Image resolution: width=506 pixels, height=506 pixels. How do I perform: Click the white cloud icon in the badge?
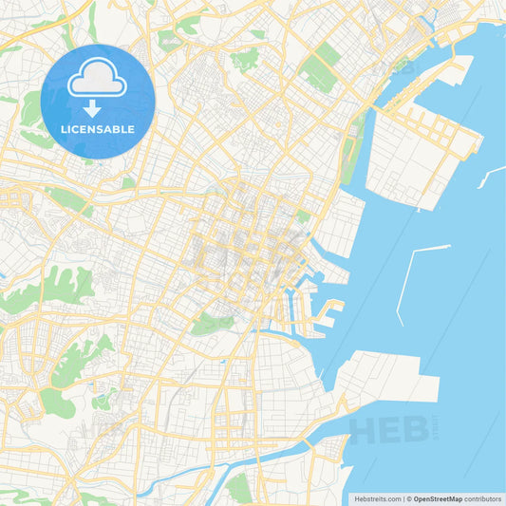pos(97,78)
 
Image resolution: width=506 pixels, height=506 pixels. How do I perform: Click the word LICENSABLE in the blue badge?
pos(97,128)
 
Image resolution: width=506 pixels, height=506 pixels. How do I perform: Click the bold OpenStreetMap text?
pos(438,497)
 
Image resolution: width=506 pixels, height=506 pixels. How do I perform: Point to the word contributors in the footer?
pos(483,497)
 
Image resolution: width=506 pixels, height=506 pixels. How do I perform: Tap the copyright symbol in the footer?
pos(407,497)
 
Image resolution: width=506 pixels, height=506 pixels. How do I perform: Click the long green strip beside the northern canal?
pos(353,152)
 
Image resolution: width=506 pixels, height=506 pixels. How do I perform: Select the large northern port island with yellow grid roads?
pos(418,152)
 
